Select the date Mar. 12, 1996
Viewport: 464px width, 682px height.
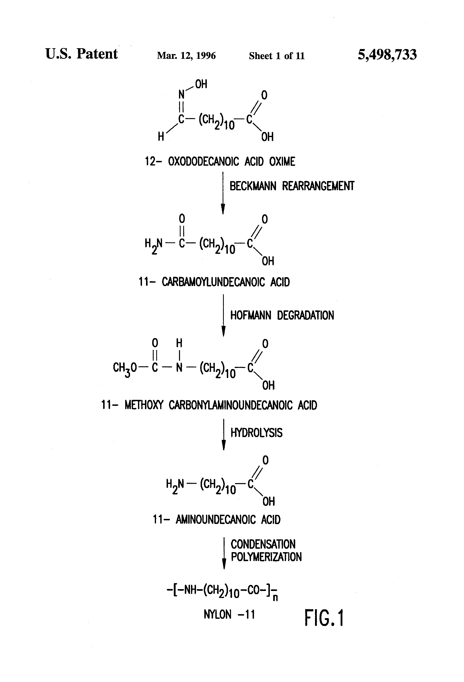[186, 55]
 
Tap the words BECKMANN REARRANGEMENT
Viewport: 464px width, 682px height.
[292, 186]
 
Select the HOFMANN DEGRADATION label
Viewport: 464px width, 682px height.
[282, 315]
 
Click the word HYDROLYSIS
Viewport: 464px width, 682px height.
[256, 433]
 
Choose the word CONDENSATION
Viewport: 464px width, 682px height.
[263, 544]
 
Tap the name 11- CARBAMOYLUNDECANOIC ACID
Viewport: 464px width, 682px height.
[214, 282]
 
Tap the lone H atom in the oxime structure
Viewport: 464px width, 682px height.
[161, 136]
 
